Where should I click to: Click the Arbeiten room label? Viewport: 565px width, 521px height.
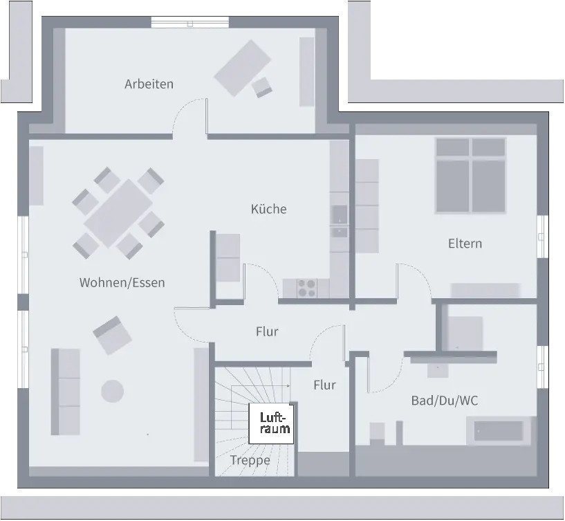click(x=149, y=84)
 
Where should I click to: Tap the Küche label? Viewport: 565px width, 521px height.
click(x=268, y=209)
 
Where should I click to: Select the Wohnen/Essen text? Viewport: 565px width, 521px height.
click(x=122, y=282)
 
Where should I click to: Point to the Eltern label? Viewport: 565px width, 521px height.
click(x=465, y=244)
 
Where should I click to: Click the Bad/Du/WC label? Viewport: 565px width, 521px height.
click(x=445, y=401)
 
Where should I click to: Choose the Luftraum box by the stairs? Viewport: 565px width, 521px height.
click(x=271, y=423)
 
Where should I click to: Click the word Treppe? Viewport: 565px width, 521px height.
click(x=250, y=460)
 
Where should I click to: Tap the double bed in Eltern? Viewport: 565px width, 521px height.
click(x=470, y=176)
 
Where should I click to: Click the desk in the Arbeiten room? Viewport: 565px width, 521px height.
click(x=241, y=67)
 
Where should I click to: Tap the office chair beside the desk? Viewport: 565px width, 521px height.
click(x=263, y=87)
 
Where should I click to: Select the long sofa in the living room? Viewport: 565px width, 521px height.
click(x=66, y=392)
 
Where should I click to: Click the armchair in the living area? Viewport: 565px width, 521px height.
click(x=113, y=335)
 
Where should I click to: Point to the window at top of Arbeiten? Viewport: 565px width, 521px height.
click(x=189, y=22)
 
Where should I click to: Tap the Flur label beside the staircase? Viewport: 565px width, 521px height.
click(x=324, y=385)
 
